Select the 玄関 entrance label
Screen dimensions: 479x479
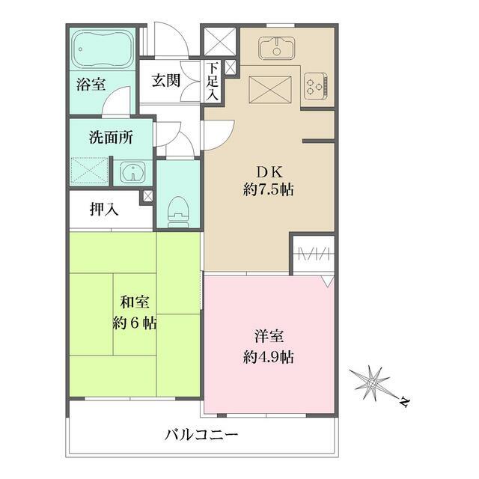tap(165, 81)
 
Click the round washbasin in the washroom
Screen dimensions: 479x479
tap(132, 173)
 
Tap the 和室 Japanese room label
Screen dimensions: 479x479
tap(135, 303)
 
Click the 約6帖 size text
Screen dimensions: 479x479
tap(135, 324)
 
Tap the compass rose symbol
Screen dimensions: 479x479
tap(372, 382)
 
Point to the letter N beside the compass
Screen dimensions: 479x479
tap(403, 403)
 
